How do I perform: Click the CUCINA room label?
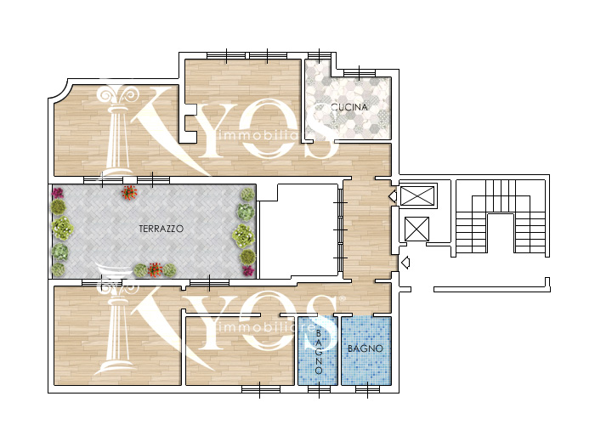pyautogui.click(x=349, y=107)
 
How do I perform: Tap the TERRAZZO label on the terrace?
pyautogui.click(x=161, y=229)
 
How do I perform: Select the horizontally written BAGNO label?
pyautogui.click(x=365, y=348)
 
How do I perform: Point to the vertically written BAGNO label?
pyautogui.click(x=319, y=352)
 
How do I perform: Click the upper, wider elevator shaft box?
pyautogui.click(x=417, y=195)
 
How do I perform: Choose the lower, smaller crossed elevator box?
pyautogui.click(x=416, y=229)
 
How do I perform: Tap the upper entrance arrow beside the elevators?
pyautogui.click(x=393, y=195)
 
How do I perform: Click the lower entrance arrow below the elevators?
pyautogui.click(x=405, y=263)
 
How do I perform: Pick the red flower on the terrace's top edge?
pyautogui.click(x=129, y=192)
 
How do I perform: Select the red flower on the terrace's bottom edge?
pyautogui.click(x=155, y=269)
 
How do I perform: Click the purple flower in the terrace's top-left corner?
pyautogui.click(x=57, y=193)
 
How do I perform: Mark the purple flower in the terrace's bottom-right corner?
pyautogui.click(x=248, y=270)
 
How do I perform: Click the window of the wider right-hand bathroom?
pyautogui.click(x=367, y=389)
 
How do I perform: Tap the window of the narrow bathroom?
pyautogui.click(x=319, y=389)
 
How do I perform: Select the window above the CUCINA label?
pyautogui.click(x=359, y=71)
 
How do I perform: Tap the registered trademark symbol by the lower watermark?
pyautogui.click(x=343, y=299)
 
